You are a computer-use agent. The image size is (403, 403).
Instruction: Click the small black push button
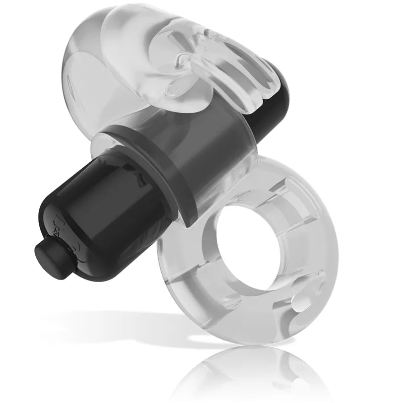tap(44, 251)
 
